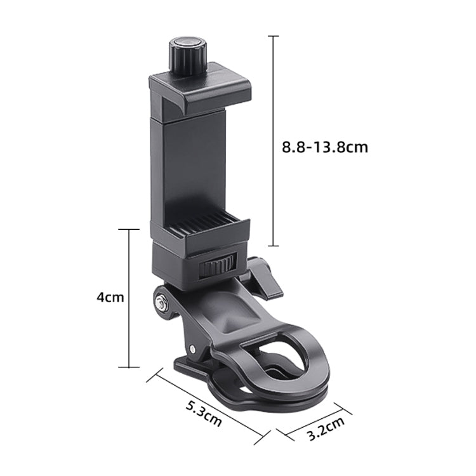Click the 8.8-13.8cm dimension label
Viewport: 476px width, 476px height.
325,147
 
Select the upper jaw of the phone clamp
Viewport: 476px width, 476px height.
198,89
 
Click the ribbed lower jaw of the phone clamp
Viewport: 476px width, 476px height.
199,228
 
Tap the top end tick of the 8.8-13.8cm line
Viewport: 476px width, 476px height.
274,37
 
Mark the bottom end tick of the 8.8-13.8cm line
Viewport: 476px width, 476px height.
274,246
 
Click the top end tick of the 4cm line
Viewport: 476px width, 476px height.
129,229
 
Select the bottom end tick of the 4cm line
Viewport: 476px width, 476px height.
129,367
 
